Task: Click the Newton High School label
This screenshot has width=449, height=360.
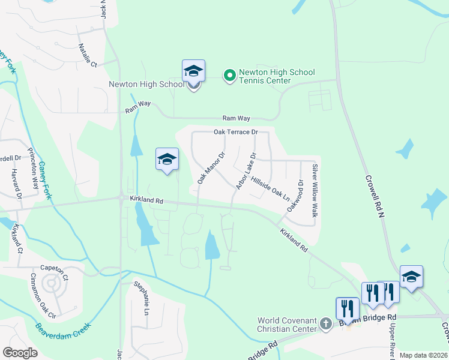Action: coord(146,84)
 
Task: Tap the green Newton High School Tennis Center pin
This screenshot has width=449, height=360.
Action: coord(229,76)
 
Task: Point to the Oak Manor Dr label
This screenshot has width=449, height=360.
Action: coord(211,167)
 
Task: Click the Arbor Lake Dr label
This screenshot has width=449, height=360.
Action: coord(246,171)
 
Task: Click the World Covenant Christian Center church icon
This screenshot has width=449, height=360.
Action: coord(325,325)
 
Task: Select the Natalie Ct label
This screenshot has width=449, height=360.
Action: coord(87,54)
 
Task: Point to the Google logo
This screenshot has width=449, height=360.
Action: coord(20,353)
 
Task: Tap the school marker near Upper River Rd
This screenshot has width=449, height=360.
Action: coord(411,277)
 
